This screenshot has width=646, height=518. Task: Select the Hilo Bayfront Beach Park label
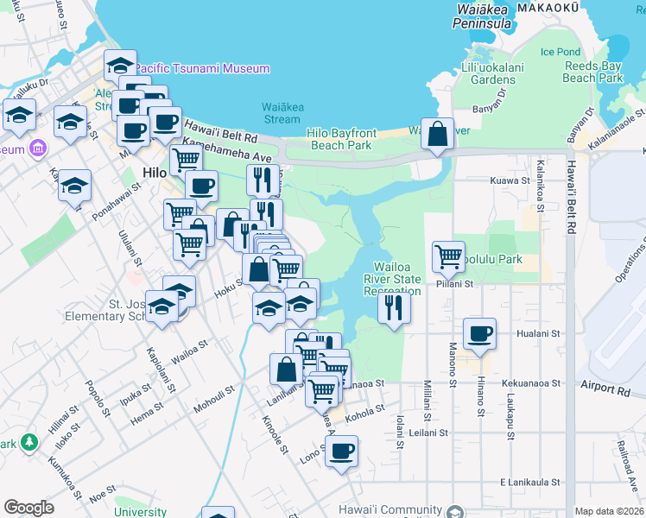point(343,140)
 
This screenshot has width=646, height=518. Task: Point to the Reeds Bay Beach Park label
point(592,72)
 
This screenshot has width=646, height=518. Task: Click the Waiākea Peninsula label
point(487,17)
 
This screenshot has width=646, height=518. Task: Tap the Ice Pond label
point(560,52)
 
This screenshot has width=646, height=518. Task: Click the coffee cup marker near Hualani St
point(479,333)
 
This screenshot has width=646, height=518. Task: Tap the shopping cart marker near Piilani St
point(448,256)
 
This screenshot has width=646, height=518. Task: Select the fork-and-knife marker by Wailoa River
point(394,307)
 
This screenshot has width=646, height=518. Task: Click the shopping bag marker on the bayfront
point(437,133)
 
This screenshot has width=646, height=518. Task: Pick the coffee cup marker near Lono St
point(341,451)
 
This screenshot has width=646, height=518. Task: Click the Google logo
point(28,508)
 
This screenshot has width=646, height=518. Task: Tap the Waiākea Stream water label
point(281,113)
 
